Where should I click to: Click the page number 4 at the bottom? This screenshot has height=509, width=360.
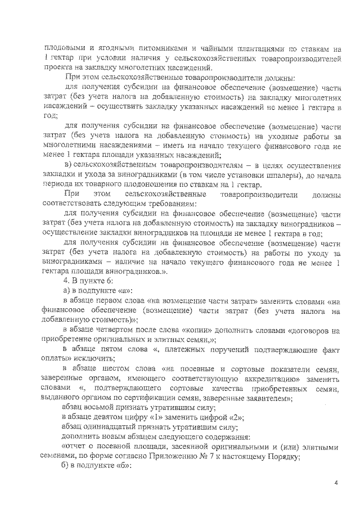[x=336, y=482]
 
